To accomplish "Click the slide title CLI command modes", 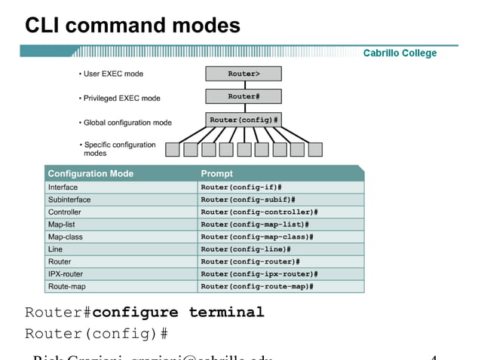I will point(133,26).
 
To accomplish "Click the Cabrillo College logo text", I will point(400,53).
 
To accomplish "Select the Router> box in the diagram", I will point(244,74).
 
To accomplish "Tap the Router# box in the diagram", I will point(244,96).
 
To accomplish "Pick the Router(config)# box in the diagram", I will point(244,120).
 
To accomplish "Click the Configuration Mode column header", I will point(90,174).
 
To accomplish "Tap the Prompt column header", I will point(217,174).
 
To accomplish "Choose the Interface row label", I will point(63,188).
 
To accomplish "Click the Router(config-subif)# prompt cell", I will point(247,200).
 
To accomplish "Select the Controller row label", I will point(65,212).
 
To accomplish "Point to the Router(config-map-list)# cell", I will point(255,224).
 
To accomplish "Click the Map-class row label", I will point(66,236).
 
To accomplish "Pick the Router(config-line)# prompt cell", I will point(246,249).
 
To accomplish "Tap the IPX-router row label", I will point(66,274).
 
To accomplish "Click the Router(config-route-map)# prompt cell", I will point(257,286).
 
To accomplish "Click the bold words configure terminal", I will point(178,312).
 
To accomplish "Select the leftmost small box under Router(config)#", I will point(173,149).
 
